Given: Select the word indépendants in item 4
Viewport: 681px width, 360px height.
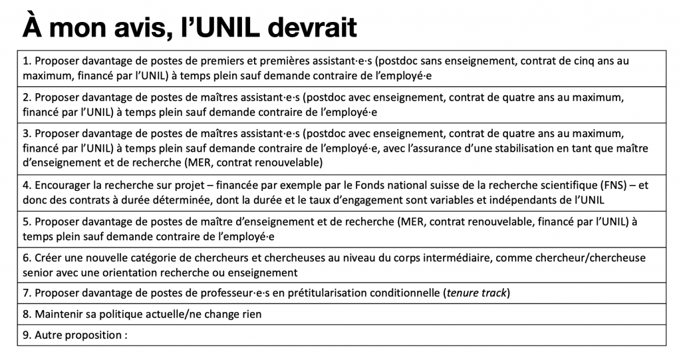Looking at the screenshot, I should pyautogui.click(x=505, y=200).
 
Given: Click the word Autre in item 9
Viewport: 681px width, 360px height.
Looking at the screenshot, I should pyautogui.click(x=49, y=335).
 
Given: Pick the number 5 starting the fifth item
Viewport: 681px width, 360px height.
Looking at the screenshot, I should pyautogui.click(x=26, y=222).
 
